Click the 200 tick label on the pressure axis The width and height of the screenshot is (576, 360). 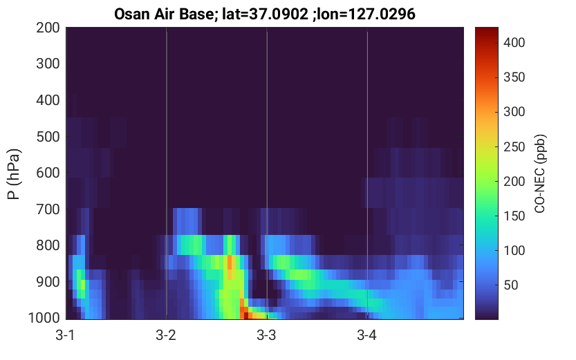click(48, 28)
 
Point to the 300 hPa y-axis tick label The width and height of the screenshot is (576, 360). click(48, 64)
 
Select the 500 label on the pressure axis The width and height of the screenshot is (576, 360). click(48, 137)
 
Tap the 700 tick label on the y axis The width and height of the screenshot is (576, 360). click(48, 209)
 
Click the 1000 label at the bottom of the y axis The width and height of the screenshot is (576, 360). click(44, 318)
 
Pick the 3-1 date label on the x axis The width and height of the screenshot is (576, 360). click(65, 335)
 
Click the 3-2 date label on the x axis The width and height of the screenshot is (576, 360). click(166, 335)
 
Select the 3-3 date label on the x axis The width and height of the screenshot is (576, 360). click(266, 335)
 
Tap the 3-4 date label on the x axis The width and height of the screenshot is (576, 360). click(366, 335)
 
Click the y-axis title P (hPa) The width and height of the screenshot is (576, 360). click(14, 174)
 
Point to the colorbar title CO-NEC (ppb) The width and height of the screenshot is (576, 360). click(539, 173)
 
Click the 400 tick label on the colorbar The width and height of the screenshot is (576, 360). click(514, 43)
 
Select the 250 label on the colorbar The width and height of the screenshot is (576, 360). click(514, 146)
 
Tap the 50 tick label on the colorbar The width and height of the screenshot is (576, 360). click(511, 285)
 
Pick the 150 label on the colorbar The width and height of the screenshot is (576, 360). click(514, 216)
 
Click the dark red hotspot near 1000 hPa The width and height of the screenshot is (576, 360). click(245, 315)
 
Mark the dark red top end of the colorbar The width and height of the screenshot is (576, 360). click(487, 29)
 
